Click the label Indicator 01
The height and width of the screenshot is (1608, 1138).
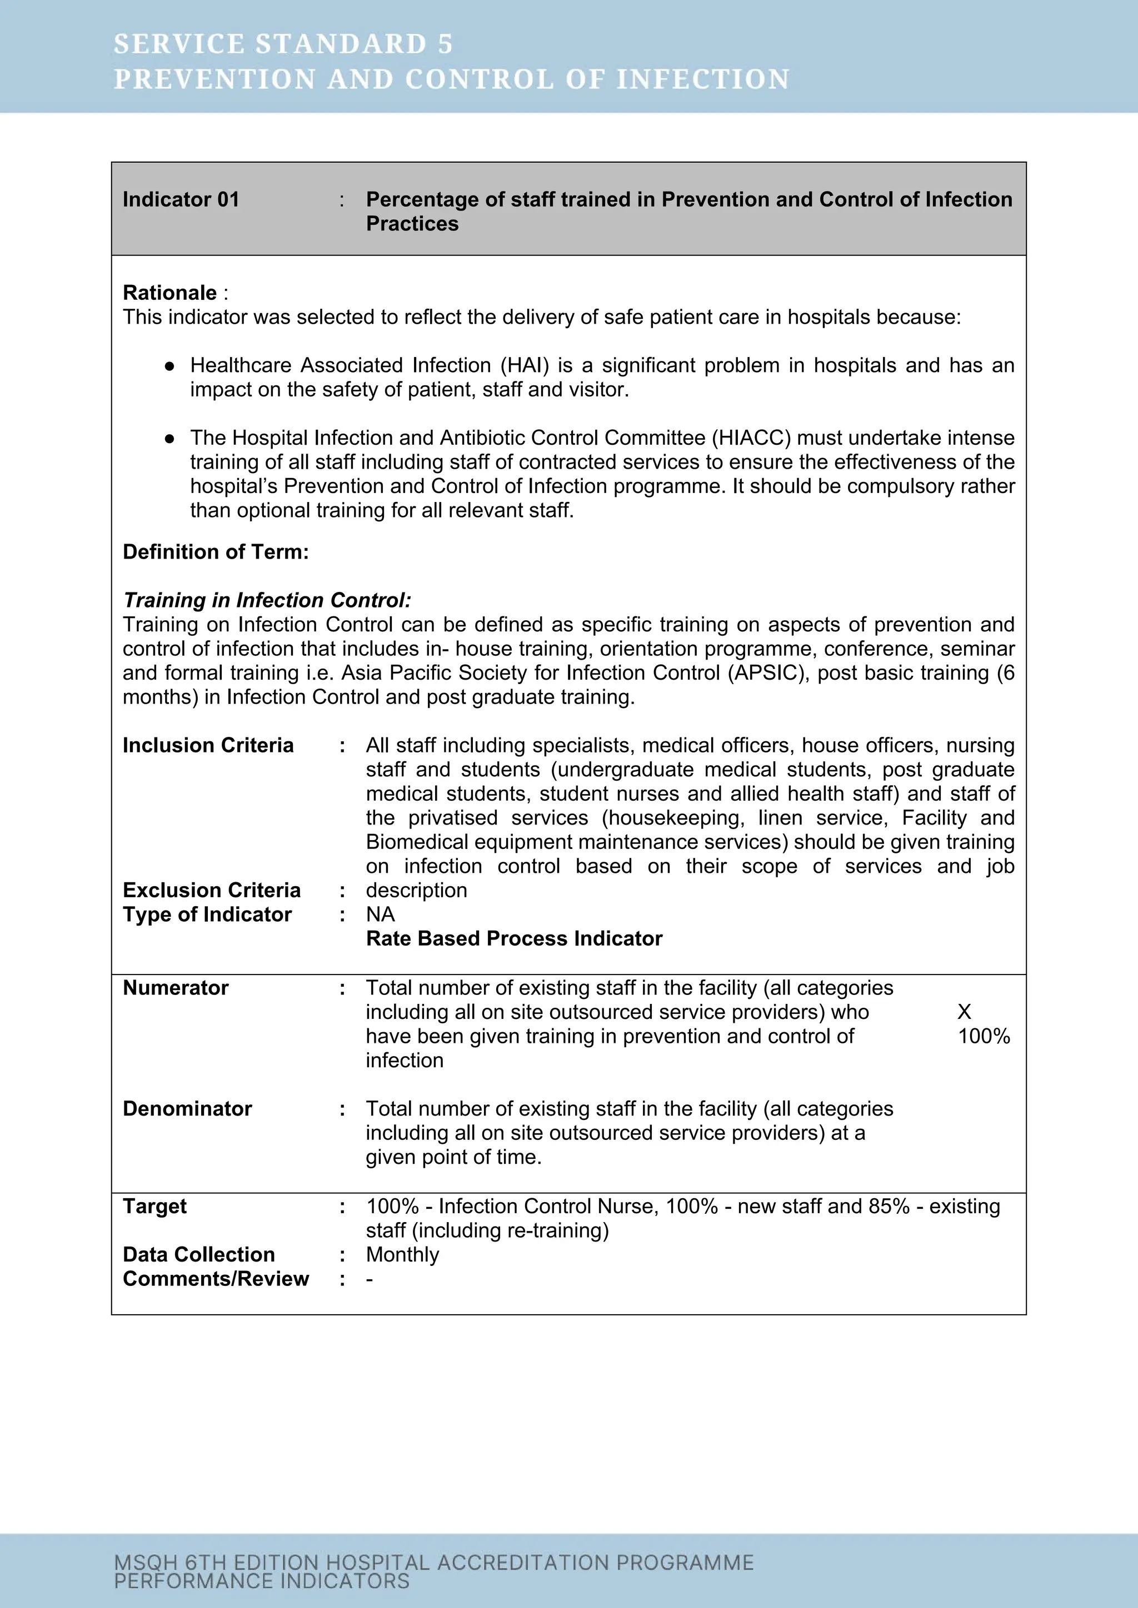pyautogui.click(x=181, y=199)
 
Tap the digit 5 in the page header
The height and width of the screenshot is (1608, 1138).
pyautogui.click(x=445, y=44)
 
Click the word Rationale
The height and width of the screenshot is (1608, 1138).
pyautogui.click(x=169, y=293)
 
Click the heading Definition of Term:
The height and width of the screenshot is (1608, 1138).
pyautogui.click(x=216, y=552)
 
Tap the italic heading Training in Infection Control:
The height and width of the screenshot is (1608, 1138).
pyautogui.click(x=267, y=600)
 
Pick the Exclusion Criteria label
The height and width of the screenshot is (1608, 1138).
pyautogui.click(x=212, y=890)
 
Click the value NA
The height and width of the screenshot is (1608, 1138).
pyautogui.click(x=381, y=914)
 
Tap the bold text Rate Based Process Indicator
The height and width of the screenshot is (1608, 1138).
pyautogui.click(x=513, y=938)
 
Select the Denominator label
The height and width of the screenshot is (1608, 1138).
pyautogui.click(x=187, y=1109)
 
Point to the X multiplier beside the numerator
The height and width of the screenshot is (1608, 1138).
pyautogui.click(x=964, y=1012)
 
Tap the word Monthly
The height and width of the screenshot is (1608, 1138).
pyautogui.click(x=402, y=1254)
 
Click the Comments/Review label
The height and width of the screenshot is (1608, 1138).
pyautogui.click(x=216, y=1279)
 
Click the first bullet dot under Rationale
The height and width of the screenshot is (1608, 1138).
pyautogui.click(x=169, y=366)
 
